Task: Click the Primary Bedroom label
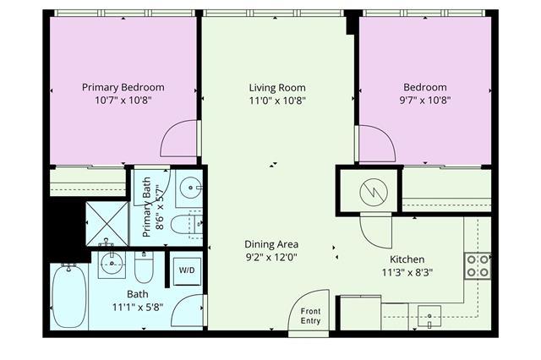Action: (x=123, y=87)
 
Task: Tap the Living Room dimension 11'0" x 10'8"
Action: (x=277, y=101)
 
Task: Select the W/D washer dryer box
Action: (x=187, y=271)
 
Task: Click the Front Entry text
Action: (x=310, y=316)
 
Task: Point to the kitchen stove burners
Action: (x=478, y=266)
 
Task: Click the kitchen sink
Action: (x=429, y=316)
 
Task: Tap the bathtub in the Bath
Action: (x=69, y=296)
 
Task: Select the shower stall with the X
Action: (x=107, y=223)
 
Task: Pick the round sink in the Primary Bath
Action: (x=191, y=188)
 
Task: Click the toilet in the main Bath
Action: (x=144, y=267)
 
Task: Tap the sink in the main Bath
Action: (x=112, y=264)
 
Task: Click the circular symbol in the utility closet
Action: (x=374, y=193)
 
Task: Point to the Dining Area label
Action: (x=271, y=244)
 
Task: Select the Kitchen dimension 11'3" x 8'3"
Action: (x=407, y=273)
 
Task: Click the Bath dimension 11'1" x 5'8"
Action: (x=138, y=307)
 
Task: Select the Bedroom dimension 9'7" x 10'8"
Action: (x=425, y=101)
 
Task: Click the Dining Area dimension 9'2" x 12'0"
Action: (x=271, y=257)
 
